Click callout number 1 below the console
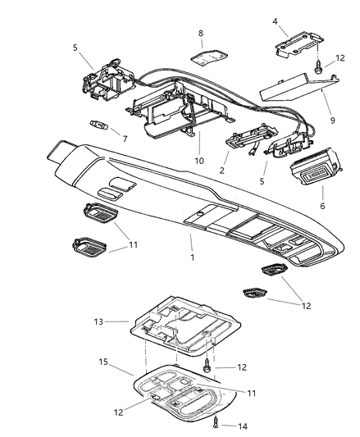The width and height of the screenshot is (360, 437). coord(190,259)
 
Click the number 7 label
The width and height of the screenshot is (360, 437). coord(125,139)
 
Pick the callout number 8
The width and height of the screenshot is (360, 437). coord(199,34)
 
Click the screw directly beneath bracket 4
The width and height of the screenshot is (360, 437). coord(317,72)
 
